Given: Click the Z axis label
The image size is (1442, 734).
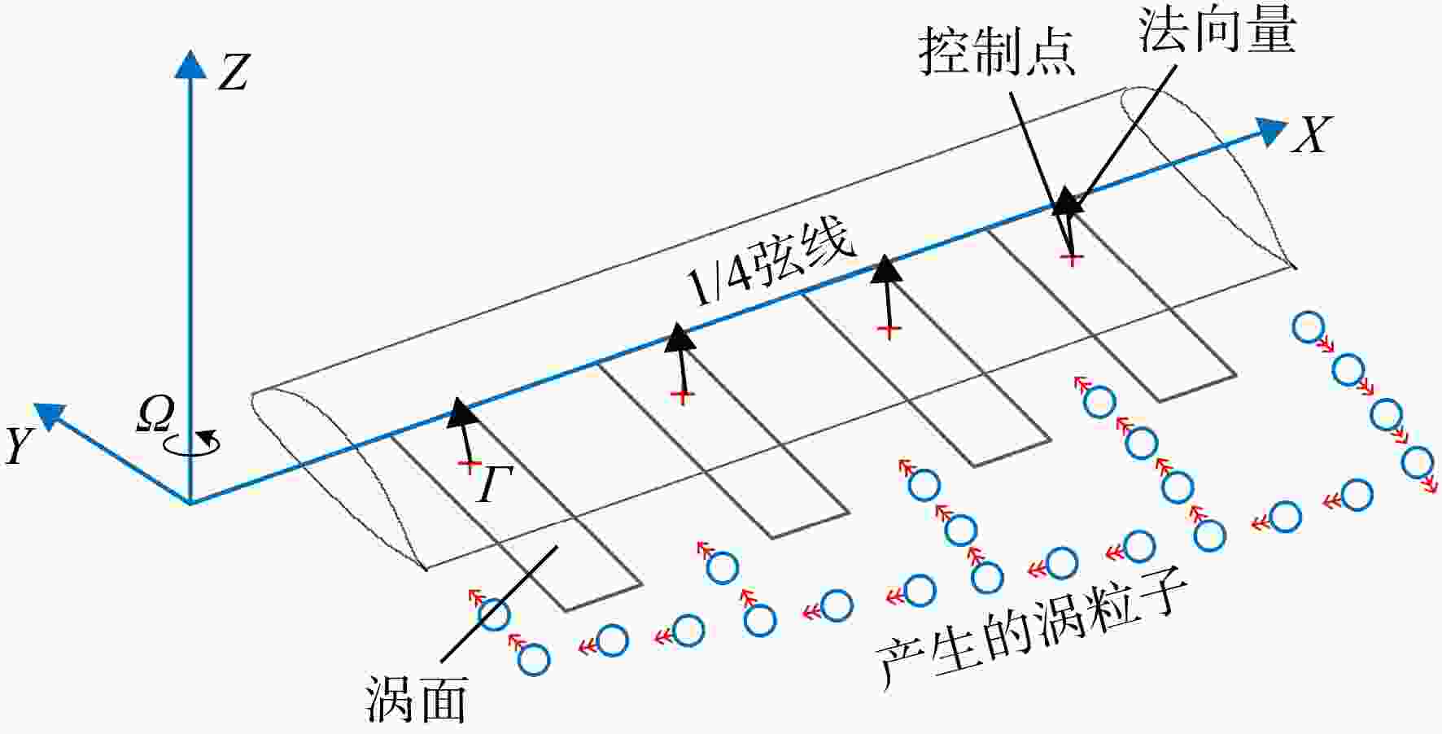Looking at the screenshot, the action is [x=234, y=72].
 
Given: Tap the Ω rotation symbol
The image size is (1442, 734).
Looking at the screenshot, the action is [x=155, y=414].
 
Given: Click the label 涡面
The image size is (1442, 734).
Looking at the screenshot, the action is [x=416, y=699].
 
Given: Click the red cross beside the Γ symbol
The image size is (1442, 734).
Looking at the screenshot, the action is [x=469, y=465].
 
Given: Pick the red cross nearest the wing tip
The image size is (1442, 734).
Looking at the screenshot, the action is [x=1073, y=258].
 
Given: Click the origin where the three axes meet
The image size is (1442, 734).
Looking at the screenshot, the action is [x=190, y=502].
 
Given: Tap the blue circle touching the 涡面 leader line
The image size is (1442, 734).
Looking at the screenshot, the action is [x=493, y=614].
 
